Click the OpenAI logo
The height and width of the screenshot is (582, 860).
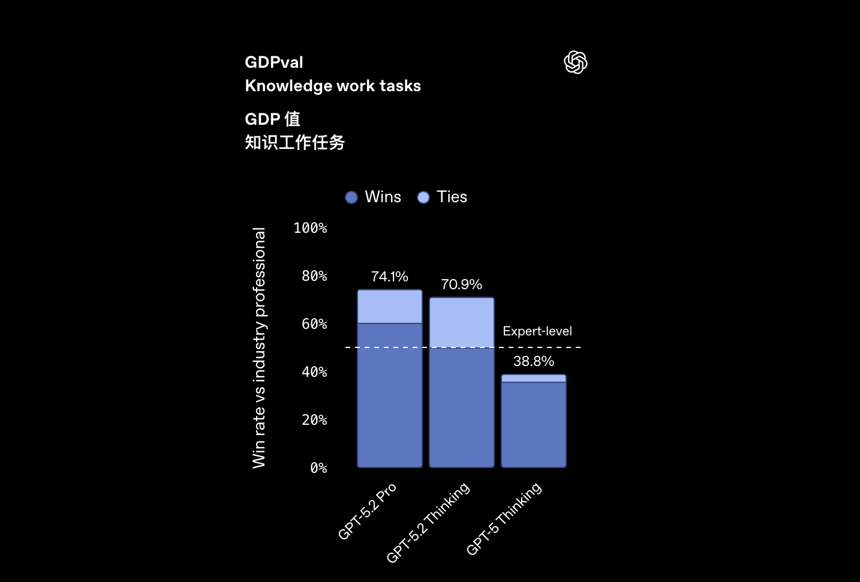click(576, 62)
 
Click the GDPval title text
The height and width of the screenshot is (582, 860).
click(274, 62)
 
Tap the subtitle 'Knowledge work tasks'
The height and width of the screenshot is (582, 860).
click(333, 86)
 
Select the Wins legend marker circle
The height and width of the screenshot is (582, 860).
click(351, 197)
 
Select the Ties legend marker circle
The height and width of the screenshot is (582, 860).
click(423, 197)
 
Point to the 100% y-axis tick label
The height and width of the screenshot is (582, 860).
click(310, 228)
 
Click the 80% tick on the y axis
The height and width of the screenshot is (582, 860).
click(314, 276)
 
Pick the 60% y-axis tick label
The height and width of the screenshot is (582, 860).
click(314, 324)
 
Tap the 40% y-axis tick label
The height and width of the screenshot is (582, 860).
click(314, 372)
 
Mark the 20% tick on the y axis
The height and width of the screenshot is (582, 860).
click(314, 420)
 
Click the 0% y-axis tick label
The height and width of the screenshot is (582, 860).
click(318, 468)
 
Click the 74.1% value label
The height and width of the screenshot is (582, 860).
click(389, 277)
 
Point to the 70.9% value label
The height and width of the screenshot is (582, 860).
click(461, 284)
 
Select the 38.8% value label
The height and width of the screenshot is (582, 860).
click(533, 361)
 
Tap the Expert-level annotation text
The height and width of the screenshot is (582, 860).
click(537, 331)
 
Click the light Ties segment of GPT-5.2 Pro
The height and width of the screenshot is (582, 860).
click(390, 307)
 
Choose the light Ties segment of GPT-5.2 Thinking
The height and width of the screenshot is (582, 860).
click(462, 322)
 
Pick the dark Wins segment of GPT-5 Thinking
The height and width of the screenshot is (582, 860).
click(534, 424)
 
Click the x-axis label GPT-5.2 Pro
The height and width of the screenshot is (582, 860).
click(367, 511)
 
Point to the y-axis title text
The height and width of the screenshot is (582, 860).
click(259, 347)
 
